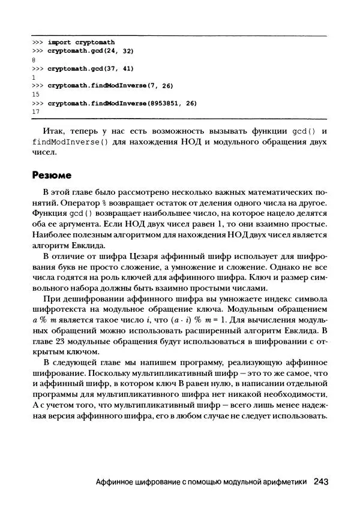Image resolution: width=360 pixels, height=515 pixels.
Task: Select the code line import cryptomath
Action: click(81, 43)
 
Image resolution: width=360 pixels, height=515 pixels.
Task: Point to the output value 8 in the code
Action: click(33, 60)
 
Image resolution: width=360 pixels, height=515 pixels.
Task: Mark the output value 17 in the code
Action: click(35, 112)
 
